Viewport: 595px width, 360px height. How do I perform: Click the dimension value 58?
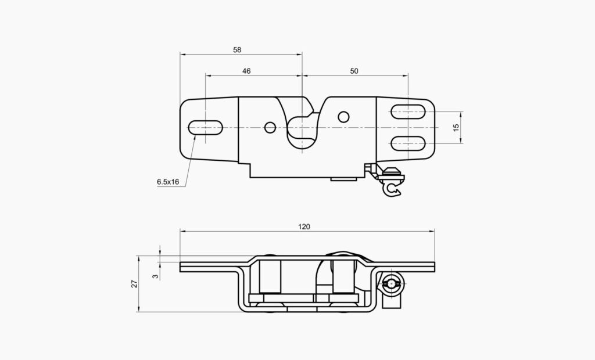click(x=237, y=50)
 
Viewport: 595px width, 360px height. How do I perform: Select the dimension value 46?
click(x=246, y=71)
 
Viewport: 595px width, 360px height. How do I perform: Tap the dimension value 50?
click(x=354, y=71)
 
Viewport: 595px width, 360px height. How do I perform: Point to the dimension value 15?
click(x=456, y=127)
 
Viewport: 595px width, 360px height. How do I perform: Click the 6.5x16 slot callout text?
click(x=167, y=182)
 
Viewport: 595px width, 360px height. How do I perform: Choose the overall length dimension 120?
click(x=304, y=226)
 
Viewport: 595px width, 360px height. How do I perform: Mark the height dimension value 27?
click(x=134, y=284)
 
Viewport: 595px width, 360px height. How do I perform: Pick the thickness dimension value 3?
click(x=155, y=276)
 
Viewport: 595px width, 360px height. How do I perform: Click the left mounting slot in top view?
click(x=205, y=127)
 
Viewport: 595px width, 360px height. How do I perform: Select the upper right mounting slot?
click(x=408, y=111)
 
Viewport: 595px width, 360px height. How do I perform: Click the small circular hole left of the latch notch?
click(x=270, y=127)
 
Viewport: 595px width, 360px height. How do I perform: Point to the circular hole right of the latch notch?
click(x=343, y=117)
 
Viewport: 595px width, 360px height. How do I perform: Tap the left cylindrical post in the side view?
click(x=270, y=277)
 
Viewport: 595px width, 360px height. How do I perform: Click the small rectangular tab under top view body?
click(x=343, y=179)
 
